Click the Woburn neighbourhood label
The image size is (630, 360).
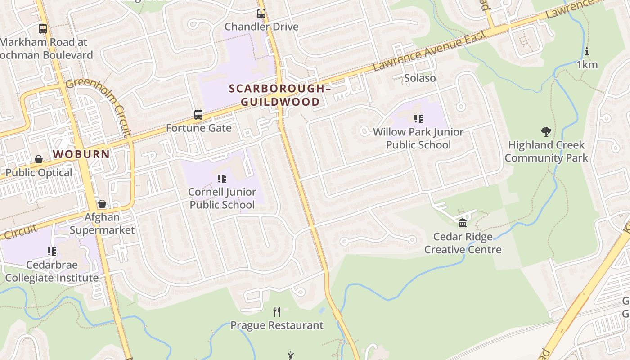(81, 154)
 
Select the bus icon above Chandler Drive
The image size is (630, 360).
(261, 13)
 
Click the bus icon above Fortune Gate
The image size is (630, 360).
(198, 115)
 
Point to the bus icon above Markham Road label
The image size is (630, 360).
(43, 29)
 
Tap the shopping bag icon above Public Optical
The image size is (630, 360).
(39, 160)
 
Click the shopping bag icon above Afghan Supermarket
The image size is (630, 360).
(102, 204)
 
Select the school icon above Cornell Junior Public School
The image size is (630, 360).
(221, 179)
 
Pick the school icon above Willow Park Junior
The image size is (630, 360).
(418, 119)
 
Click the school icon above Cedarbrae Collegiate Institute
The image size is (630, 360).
(52, 252)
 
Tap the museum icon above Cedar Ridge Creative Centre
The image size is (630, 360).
(463, 223)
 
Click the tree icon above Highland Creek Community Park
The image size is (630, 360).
(546, 132)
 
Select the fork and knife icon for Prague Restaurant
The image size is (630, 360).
(277, 311)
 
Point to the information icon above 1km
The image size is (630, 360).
(587, 51)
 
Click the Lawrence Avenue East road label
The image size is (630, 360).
(430, 51)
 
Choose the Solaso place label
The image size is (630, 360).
(420, 78)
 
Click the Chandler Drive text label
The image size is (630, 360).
(261, 27)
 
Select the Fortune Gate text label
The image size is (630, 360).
(198, 128)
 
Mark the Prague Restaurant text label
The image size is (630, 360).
(277, 325)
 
